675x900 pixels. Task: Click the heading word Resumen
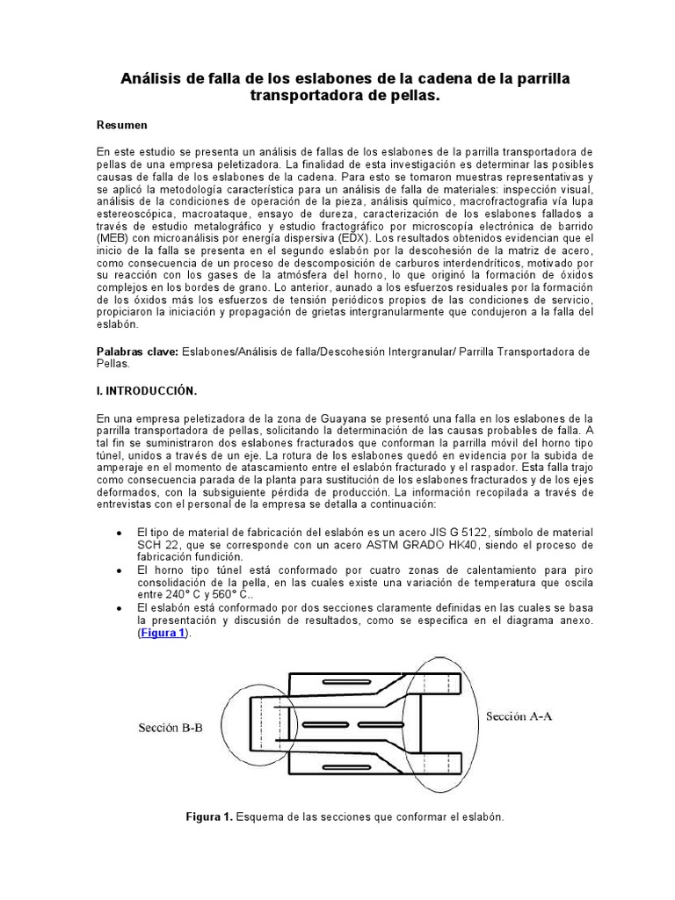tap(121, 126)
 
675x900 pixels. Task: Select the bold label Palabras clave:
tap(136, 352)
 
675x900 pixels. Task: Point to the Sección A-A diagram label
tap(519, 716)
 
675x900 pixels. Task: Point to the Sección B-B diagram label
tap(169, 729)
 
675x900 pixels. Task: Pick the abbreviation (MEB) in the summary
tap(112, 237)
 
